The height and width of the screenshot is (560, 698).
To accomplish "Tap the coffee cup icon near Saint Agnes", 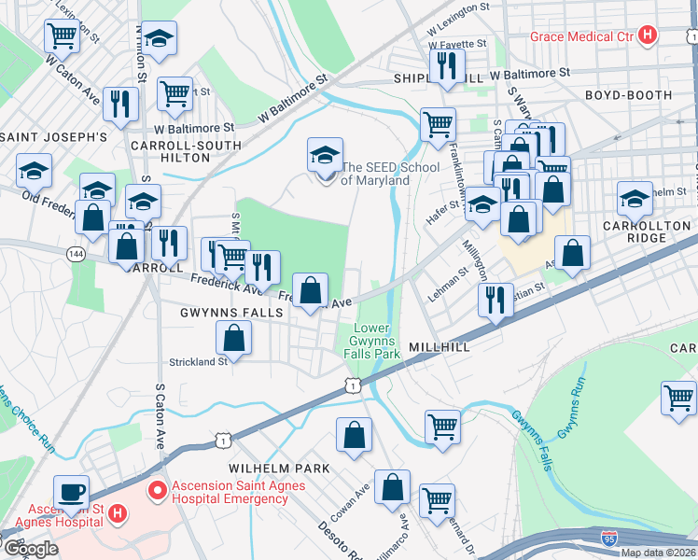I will point(71,492).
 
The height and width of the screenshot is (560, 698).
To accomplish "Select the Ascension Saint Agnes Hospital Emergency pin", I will point(157,487).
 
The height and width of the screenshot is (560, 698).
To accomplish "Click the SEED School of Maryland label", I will point(375,174).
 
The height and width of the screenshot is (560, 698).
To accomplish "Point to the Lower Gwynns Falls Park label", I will point(376,341).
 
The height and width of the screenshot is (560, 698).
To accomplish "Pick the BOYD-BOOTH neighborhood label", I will point(628,95).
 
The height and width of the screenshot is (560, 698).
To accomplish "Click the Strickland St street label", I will point(198,361).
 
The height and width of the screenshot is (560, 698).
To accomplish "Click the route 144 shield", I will point(76,253).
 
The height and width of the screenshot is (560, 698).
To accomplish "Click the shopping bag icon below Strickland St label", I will point(235,338).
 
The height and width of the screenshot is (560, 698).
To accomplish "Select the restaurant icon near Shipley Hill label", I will point(446,66).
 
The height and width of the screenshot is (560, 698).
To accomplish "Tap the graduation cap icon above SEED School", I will point(325,153).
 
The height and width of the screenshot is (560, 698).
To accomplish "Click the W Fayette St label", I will point(457,43).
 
